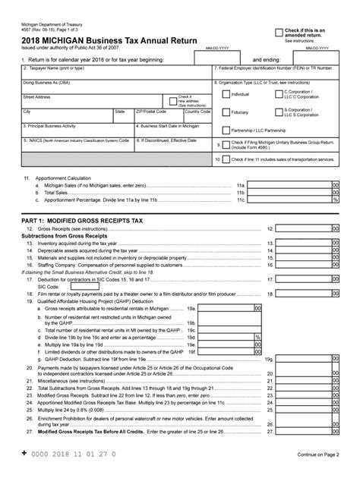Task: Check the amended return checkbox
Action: point(279,33)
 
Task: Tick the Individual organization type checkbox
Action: point(226,94)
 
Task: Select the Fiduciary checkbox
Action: point(226,112)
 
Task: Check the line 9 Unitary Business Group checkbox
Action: point(226,143)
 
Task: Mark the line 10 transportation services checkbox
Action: point(226,160)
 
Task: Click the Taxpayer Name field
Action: point(114,72)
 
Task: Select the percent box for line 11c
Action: point(335,200)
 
